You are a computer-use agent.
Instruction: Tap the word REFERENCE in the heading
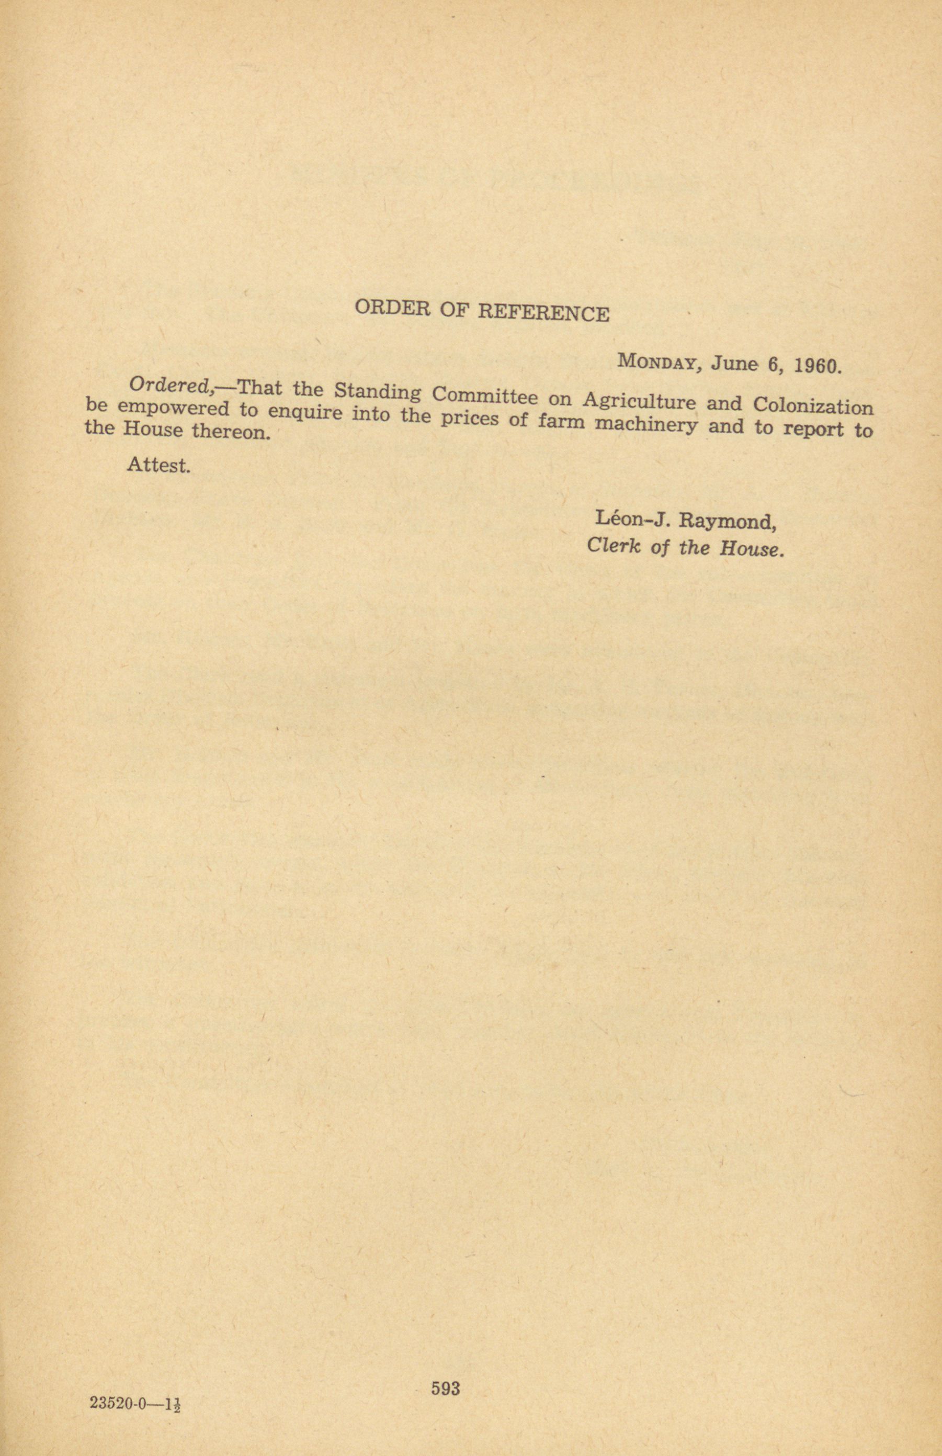543,313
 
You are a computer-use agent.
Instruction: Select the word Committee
485,397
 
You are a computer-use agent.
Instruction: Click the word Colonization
813,407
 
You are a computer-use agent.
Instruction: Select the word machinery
646,425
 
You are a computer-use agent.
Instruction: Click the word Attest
158,466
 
